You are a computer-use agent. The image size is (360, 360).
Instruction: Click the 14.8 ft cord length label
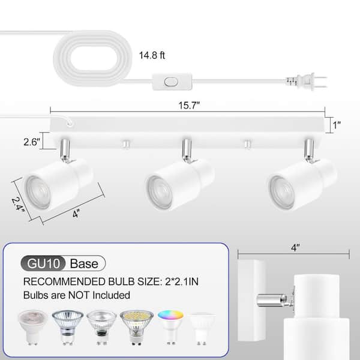click(x=152, y=55)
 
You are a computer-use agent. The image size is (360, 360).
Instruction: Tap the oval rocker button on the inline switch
click(x=171, y=82)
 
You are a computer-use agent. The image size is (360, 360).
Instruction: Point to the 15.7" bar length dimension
click(x=189, y=106)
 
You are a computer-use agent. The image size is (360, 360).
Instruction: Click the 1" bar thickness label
click(x=337, y=125)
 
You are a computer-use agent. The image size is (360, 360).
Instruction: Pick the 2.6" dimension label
click(x=32, y=142)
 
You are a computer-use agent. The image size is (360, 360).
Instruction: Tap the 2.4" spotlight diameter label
click(x=18, y=205)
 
